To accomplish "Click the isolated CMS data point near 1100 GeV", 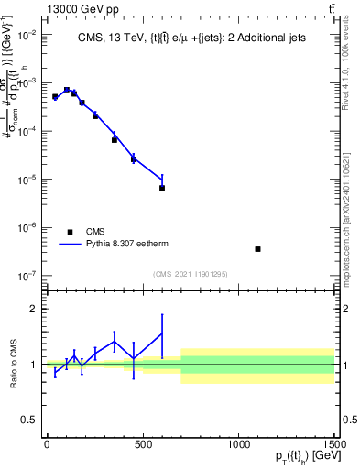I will click(258, 249).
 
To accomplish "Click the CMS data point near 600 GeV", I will click(162, 188).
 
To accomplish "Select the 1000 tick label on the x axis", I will click(238, 444).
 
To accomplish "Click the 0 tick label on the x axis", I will click(47, 444).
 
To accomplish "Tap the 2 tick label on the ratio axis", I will click(34, 310).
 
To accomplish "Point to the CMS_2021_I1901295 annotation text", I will click(190, 274).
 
